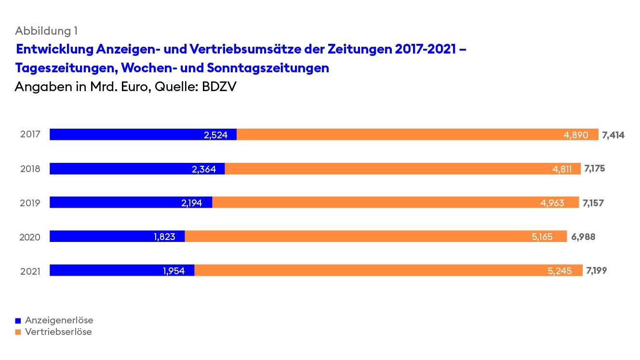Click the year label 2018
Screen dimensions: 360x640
click(30, 169)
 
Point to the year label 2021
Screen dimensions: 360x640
click(30, 271)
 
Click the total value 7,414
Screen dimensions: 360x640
click(613, 135)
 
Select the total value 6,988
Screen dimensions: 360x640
click(583, 237)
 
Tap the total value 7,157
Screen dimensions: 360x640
click(593, 203)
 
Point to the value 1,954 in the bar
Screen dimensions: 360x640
click(174, 271)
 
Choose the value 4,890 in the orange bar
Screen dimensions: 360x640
click(576, 135)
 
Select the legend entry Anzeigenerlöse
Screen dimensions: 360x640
click(59, 320)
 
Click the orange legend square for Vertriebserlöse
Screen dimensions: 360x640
click(18, 332)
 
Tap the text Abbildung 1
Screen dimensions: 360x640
click(46, 31)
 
